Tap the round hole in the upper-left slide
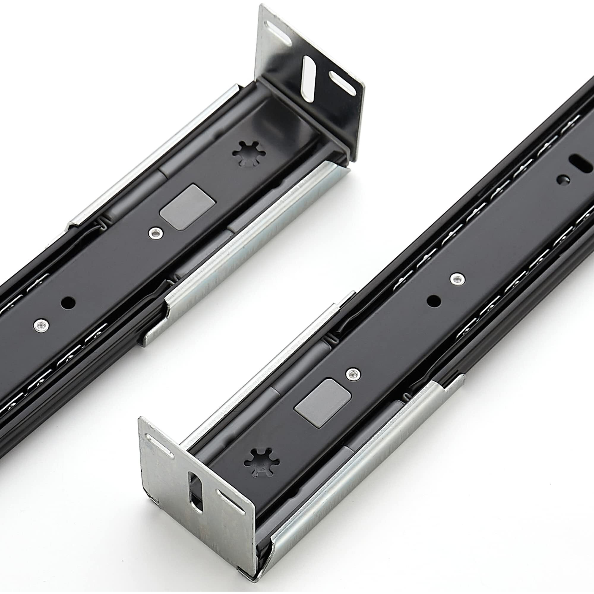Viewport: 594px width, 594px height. click(x=68, y=303)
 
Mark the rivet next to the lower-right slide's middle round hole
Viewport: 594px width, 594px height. click(x=457, y=279)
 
